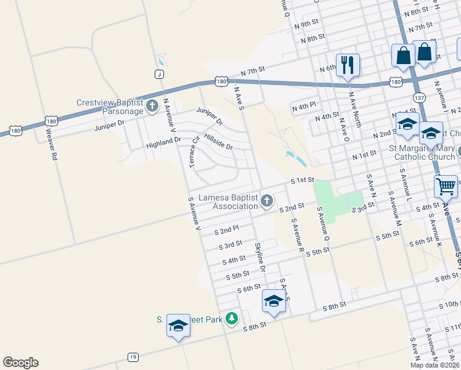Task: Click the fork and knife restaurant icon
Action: [x=348, y=65]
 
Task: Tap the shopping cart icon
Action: [x=446, y=185]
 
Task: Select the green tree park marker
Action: [x=231, y=319]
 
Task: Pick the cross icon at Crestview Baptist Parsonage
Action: [x=152, y=107]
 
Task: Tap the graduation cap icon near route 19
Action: [x=178, y=326]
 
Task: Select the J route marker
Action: [x=159, y=74]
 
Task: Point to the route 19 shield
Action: [x=133, y=357]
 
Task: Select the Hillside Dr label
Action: [x=218, y=142]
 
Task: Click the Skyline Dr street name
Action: [x=260, y=257]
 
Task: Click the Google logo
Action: [x=20, y=363]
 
